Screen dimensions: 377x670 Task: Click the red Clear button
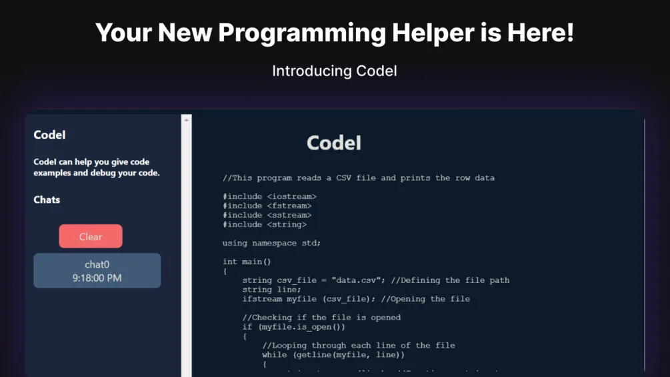[91, 236]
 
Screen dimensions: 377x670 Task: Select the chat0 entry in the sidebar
[97, 270]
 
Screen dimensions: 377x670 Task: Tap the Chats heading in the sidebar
[47, 200]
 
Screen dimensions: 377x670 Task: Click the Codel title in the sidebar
[49, 135]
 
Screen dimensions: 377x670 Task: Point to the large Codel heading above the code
[334, 143]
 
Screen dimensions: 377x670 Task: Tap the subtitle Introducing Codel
[335, 71]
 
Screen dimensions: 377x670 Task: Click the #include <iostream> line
[269, 196]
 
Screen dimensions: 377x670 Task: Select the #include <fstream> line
[267, 206]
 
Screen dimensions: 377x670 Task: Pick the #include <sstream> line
[267, 215]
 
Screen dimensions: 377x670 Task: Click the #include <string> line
[264, 224]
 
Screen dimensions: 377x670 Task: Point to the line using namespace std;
[271, 243]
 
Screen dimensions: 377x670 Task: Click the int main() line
[247, 262]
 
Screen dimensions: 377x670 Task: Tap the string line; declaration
[271, 290]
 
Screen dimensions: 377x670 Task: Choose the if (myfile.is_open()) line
[294, 327]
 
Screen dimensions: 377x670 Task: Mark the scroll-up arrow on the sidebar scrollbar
[186, 119]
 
